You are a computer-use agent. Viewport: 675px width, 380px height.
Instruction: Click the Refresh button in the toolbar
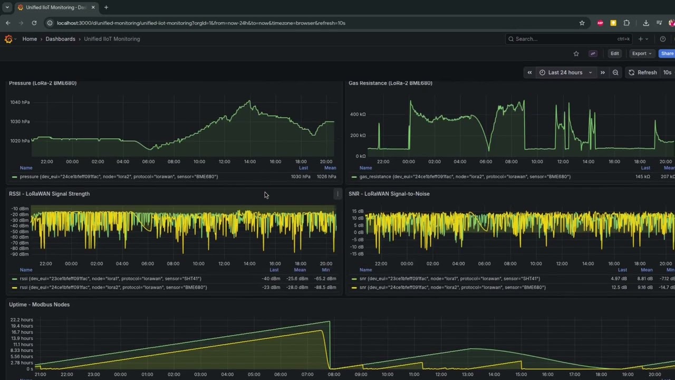click(642, 72)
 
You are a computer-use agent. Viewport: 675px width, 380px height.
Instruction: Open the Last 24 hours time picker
click(565, 72)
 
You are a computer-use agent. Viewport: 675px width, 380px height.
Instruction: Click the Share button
click(667, 53)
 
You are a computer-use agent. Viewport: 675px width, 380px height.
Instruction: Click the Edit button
click(614, 53)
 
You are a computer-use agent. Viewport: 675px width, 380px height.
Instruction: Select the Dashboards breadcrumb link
click(60, 39)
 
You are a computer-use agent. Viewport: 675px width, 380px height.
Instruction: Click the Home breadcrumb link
click(30, 39)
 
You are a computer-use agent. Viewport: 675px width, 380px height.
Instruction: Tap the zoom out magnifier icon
click(615, 72)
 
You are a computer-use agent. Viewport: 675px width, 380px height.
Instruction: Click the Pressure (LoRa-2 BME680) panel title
click(43, 83)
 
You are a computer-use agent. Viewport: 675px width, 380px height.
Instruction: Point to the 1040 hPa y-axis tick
click(20, 102)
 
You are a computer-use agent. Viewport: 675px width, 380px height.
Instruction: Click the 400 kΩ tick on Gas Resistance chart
click(358, 114)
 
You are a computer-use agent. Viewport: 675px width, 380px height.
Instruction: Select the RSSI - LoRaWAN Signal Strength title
click(49, 194)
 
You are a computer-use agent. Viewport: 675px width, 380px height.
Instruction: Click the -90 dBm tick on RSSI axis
click(20, 254)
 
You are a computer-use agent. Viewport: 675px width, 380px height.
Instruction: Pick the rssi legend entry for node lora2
click(114, 288)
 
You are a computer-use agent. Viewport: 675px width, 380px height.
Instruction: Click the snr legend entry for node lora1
click(449, 279)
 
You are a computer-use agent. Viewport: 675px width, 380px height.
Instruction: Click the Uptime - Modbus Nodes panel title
click(39, 305)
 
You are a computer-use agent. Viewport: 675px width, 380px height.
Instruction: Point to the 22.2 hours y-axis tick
click(21, 320)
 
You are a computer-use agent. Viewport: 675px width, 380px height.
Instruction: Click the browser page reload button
click(34, 23)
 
